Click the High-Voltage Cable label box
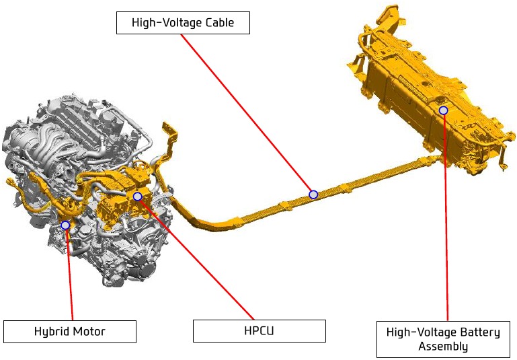pos(183,23)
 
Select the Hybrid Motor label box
pos(69,331)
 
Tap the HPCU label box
pos(259,330)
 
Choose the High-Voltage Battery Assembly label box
pos(443,339)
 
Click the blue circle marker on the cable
pos(313,194)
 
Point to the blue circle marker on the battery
pos(444,110)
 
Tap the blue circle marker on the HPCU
pos(138,196)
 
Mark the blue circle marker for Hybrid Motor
pos(65,225)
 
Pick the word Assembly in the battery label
pos(443,346)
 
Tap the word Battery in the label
pos(480,332)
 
